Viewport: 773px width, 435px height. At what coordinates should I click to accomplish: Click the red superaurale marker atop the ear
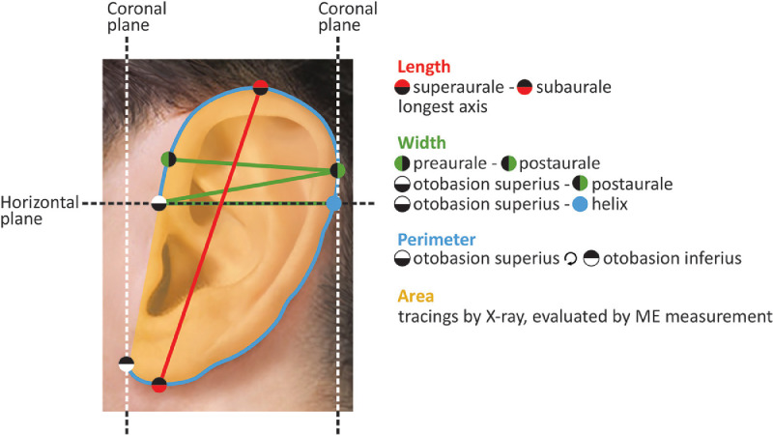click(x=260, y=89)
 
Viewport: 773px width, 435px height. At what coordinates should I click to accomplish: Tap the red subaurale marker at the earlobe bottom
click(x=160, y=385)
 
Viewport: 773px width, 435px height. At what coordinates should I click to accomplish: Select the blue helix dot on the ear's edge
click(x=334, y=203)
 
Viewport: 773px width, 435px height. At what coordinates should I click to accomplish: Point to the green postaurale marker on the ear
click(x=337, y=171)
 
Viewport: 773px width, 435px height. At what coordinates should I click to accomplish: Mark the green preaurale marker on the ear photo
click(x=168, y=159)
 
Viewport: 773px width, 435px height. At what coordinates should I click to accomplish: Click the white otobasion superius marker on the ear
click(x=160, y=203)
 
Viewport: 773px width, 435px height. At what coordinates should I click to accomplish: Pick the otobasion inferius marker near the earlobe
click(x=126, y=364)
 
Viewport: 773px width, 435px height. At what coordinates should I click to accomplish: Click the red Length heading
click(x=423, y=67)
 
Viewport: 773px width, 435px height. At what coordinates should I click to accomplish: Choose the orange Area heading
click(x=415, y=295)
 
